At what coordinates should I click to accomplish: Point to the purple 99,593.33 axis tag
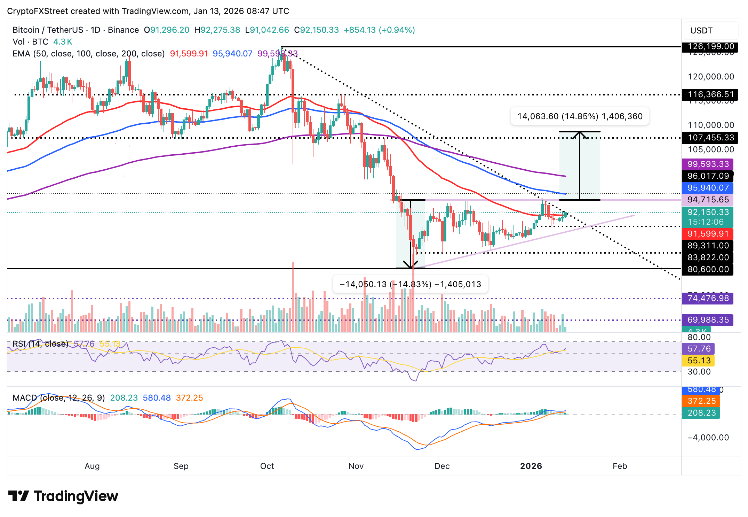pos(708,164)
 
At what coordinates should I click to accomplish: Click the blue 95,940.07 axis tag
pos(708,188)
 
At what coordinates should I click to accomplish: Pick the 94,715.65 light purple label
pos(708,200)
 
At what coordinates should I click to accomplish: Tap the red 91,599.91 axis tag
pos(708,234)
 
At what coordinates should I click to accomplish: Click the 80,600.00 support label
pos(708,269)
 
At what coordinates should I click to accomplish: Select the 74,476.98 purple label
pos(708,298)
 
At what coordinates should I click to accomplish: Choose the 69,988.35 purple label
pos(708,320)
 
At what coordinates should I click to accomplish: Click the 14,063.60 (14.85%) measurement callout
pos(580,116)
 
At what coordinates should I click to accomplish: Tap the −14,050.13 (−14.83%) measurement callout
pos(410,284)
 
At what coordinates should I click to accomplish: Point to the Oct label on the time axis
pos(267,466)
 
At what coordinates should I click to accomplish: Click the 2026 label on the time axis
pos(531,466)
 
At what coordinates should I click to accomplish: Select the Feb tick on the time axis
pos(620,466)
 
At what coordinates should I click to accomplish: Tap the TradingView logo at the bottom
pos(63,496)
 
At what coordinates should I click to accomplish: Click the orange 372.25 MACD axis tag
pos(701,401)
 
